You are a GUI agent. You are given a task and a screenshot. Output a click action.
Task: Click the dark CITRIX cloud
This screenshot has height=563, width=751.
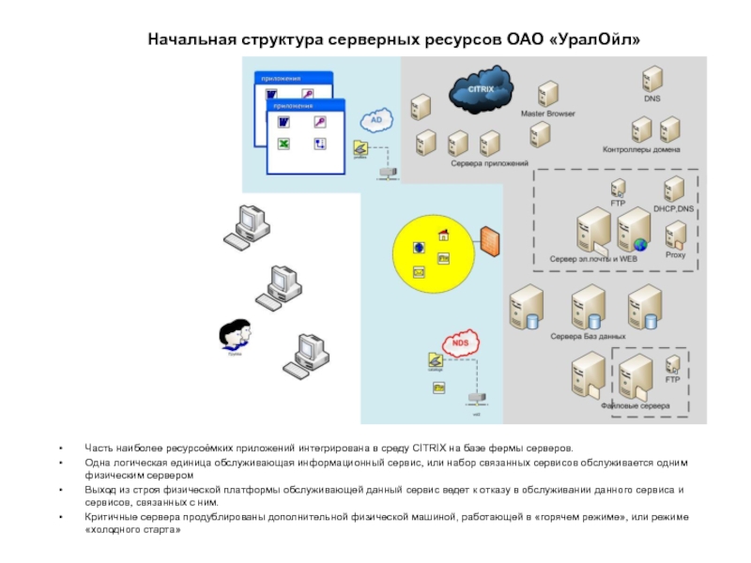[478, 90]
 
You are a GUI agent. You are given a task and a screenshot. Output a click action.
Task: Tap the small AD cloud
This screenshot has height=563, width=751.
[376, 121]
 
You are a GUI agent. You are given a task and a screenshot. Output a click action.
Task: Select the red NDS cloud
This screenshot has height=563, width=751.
[459, 343]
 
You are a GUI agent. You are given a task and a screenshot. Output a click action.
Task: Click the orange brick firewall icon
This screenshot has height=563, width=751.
[488, 241]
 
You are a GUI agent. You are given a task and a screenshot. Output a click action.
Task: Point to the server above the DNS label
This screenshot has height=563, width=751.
[651, 79]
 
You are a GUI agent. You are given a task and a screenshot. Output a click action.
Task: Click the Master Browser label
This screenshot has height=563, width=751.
[548, 114]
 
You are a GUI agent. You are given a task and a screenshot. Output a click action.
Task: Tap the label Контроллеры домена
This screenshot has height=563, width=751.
[642, 149]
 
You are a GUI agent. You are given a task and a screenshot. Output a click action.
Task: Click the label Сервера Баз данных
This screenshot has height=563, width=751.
[588, 335]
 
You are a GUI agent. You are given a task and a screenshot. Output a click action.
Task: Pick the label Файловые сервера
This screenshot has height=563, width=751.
[636, 406]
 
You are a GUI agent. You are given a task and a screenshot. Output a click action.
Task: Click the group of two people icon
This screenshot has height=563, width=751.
[235, 333]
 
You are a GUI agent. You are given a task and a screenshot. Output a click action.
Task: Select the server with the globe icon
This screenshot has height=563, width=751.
[634, 230]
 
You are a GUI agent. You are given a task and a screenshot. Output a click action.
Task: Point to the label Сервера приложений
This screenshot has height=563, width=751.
[489, 163]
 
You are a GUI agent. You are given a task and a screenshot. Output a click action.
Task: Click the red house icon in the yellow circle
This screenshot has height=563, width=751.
[443, 235]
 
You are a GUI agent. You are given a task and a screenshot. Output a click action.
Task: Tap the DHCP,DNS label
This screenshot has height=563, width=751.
[674, 208]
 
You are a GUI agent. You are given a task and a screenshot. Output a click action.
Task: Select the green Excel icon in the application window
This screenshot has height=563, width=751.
[283, 144]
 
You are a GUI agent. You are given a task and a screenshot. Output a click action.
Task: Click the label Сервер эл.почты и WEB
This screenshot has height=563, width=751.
[593, 257]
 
